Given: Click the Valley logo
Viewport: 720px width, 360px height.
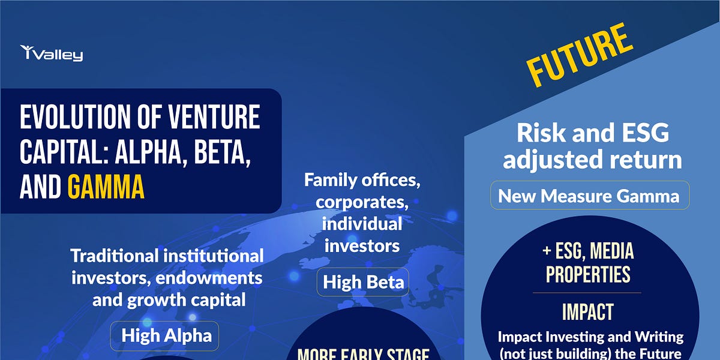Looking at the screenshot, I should [52, 53].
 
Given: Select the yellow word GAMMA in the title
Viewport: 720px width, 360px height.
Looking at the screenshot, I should [106, 187].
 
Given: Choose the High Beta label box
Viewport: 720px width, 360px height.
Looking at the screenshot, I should [363, 282].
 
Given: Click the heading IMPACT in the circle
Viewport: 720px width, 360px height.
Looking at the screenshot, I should [587, 311].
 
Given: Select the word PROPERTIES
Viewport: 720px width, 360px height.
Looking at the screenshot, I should [587, 274].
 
